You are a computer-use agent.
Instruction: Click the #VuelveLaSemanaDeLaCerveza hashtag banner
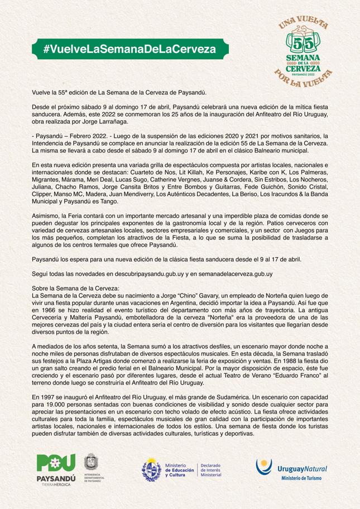(129, 49)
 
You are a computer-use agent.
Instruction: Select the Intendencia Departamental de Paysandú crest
(92, 468)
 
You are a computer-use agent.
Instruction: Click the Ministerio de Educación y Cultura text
(180, 469)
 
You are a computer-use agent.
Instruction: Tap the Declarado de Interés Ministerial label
(211, 469)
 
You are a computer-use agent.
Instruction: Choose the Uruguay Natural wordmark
(302, 468)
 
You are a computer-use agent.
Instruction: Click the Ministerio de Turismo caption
(304, 478)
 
